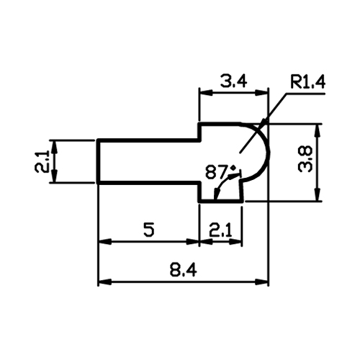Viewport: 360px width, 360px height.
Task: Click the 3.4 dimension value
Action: pyautogui.click(x=233, y=81)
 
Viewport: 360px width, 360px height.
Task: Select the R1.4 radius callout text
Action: pyautogui.click(x=307, y=82)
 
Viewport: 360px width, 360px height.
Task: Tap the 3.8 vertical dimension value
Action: pyautogui.click(x=305, y=159)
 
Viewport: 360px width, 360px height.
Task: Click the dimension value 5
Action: pyautogui.click(x=149, y=230)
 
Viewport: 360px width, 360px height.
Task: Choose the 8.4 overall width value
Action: pyautogui.click(x=184, y=270)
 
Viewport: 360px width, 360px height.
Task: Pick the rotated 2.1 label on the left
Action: pyautogui.click(x=42, y=161)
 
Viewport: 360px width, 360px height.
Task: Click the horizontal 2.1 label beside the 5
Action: pyautogui.click(x=220, y=230)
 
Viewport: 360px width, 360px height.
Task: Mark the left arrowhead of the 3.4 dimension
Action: pyautogui.click(x=206, y=93)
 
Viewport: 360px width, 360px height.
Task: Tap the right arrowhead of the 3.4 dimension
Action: pyautogui.click(x=261, y=93)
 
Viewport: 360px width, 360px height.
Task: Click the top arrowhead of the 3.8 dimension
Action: pyautogui.click(x=318, y=131)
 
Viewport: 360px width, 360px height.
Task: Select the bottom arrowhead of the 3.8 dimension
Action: pyautogui.click(x=318, y=194)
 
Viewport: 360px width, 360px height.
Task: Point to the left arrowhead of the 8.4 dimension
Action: pyautogui.click(x=105, y=282)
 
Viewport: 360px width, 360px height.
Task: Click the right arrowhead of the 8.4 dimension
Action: pyautogui.click(x=261, y=282)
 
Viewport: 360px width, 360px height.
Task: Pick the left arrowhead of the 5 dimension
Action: pyautogui.click(x=105, y=242)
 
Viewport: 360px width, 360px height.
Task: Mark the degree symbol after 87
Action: pyautogui.click(x=233, y=168)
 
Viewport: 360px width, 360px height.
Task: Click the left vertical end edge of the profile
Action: pyautogui.click(x=98, y=161)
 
